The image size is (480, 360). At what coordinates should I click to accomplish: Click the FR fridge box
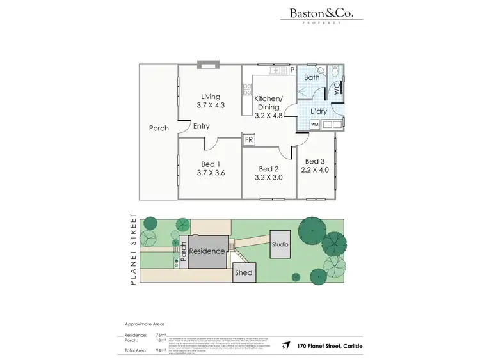248,139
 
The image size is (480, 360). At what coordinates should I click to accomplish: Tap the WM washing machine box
314,125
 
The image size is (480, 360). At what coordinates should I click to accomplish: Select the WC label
337,90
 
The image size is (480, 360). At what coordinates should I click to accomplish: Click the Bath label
312,78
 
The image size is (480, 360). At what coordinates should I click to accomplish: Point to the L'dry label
319,111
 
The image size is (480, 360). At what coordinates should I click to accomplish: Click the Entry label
201,126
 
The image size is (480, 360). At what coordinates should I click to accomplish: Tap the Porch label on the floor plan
159,128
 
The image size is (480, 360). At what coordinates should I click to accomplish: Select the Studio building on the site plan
280,244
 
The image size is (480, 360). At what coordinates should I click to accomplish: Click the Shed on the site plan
244,272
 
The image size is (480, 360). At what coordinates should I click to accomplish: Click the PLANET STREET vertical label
134,249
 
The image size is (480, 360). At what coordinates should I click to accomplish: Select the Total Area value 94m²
161,350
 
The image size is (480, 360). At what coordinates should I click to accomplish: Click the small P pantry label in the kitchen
291,70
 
